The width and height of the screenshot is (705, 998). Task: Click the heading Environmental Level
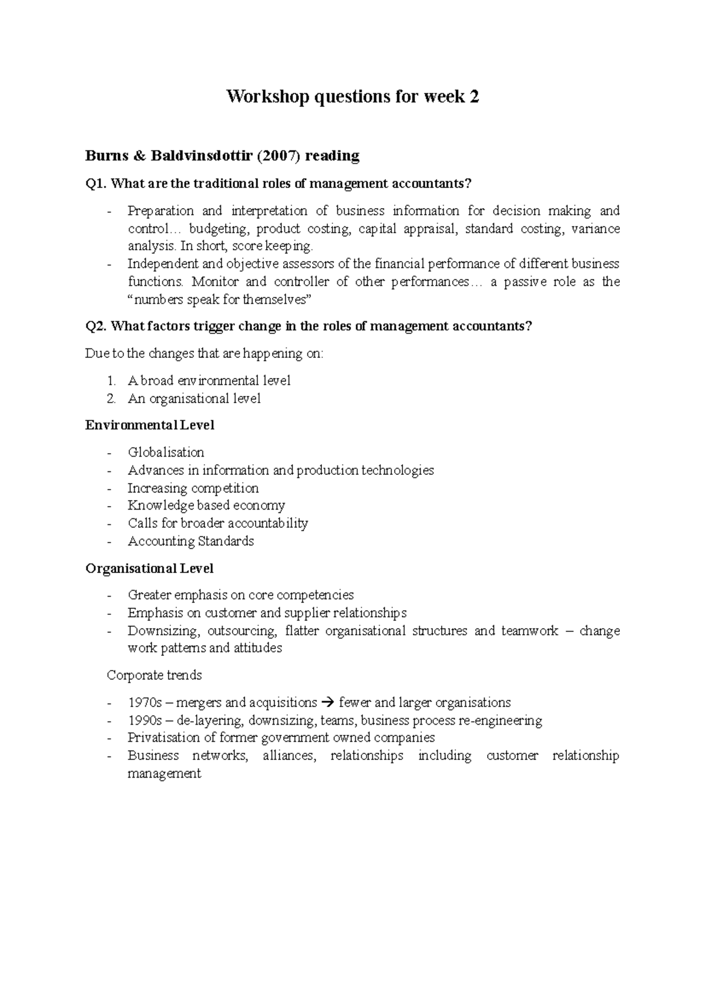tap(150, 425)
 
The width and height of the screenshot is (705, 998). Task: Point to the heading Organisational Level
tap(149, 568)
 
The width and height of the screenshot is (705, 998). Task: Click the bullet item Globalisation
tap(166, 453)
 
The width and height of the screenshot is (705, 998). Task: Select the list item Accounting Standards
tap(190, 541)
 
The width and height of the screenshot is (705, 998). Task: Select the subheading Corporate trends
tap(154, 675)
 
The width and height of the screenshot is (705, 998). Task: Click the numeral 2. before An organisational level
tap(112, 399)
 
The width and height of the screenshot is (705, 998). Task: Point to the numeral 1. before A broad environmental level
tap(112, 381)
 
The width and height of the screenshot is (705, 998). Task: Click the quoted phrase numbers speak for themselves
tap(217, 300)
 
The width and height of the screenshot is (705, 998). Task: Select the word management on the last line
tap(164, 773)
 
